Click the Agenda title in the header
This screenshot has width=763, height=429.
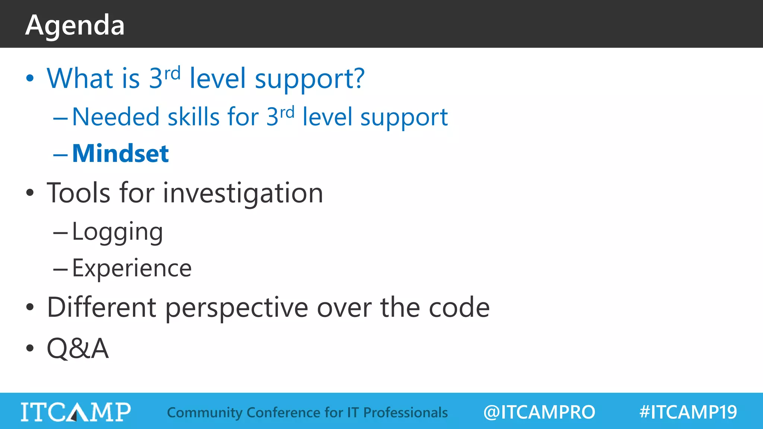pos(75,25)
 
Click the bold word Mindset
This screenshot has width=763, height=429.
pos(120,153)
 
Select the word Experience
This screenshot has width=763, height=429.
pos(132,268)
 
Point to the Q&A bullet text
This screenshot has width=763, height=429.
pos(77,349)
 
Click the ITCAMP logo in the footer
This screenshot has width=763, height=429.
pos(76,412)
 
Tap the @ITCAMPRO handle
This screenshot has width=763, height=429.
pos(539,412)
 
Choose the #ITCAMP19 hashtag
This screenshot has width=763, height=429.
pos(688,412)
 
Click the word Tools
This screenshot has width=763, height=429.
pos(79,193)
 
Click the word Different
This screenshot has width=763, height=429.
pos(101,308)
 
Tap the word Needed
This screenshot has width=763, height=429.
pos(115,117)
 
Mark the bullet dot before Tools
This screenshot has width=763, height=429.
pos(30,193)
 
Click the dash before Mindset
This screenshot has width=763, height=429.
pos(60,154)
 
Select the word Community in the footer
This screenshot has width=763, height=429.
pos(205,413)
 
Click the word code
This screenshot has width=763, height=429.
pos(459,308)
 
